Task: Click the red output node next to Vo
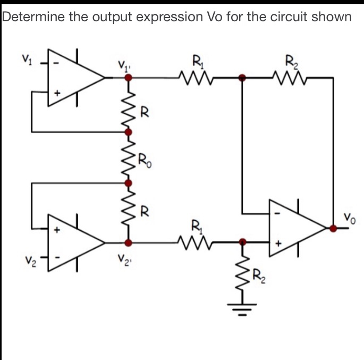click(333, 229)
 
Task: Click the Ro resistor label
click(144, 158)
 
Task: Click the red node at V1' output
click(128, 78)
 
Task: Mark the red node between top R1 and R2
click(242, 78)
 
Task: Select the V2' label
click(123, 261)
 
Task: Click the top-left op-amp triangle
click(74, 78)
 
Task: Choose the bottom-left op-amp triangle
click(74, 242)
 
